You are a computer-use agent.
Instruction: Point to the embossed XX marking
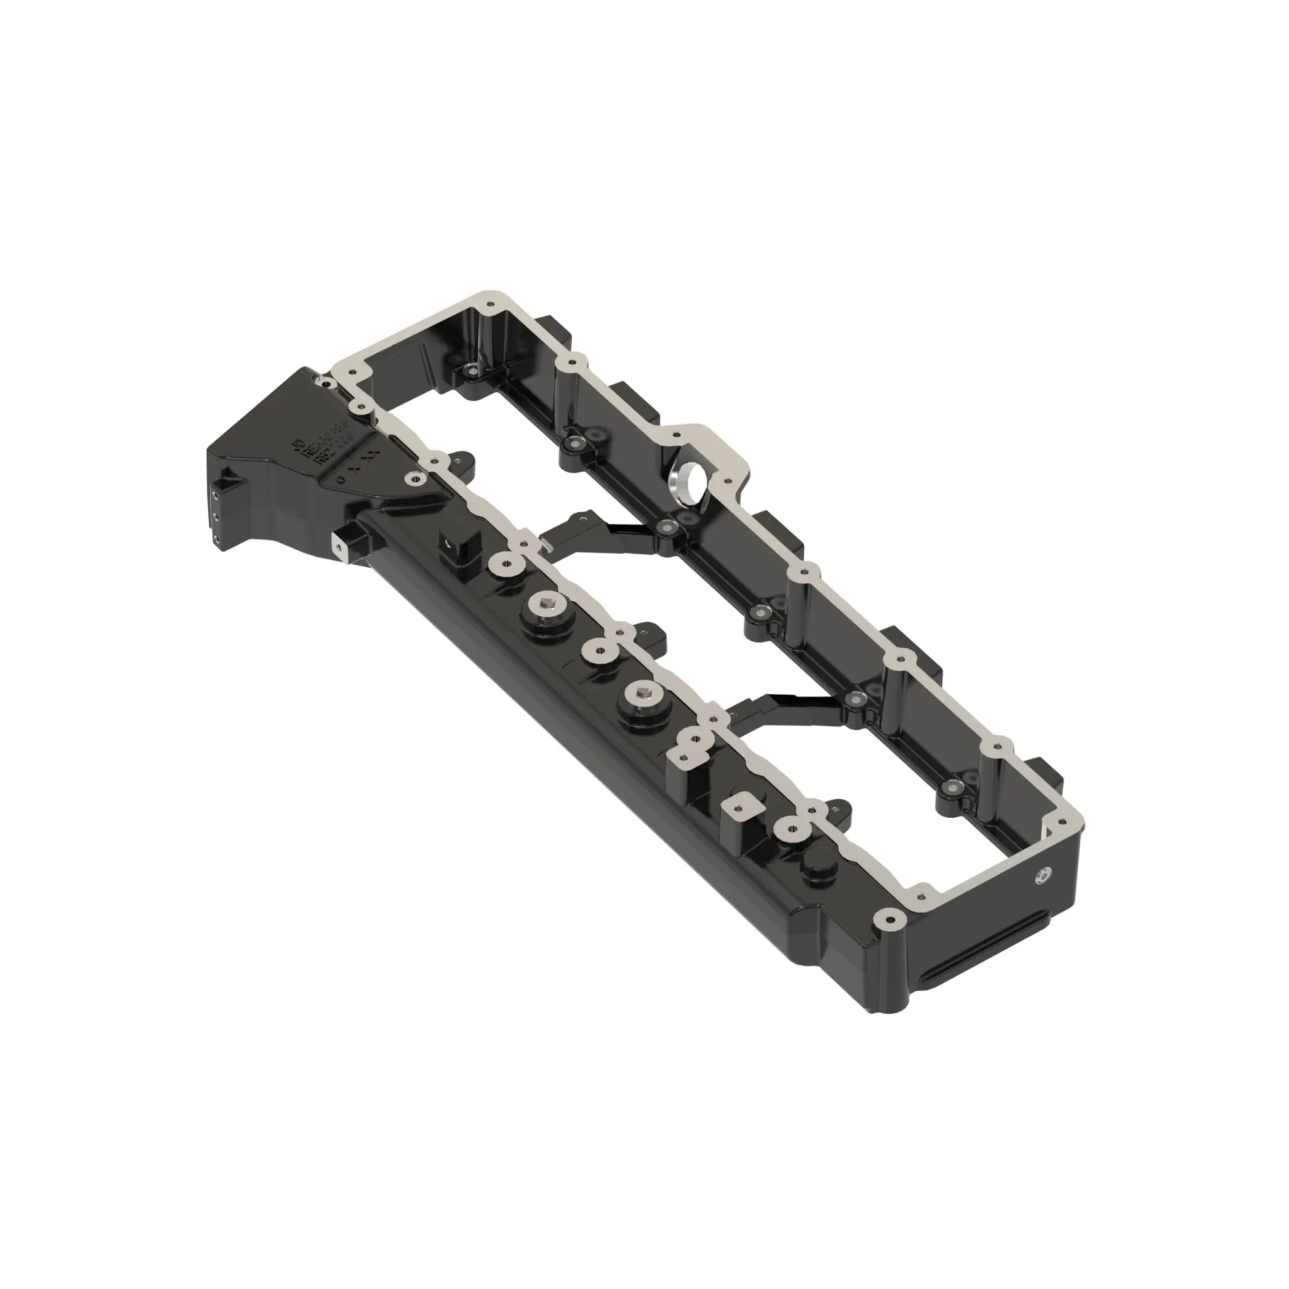(x=363, y=460)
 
